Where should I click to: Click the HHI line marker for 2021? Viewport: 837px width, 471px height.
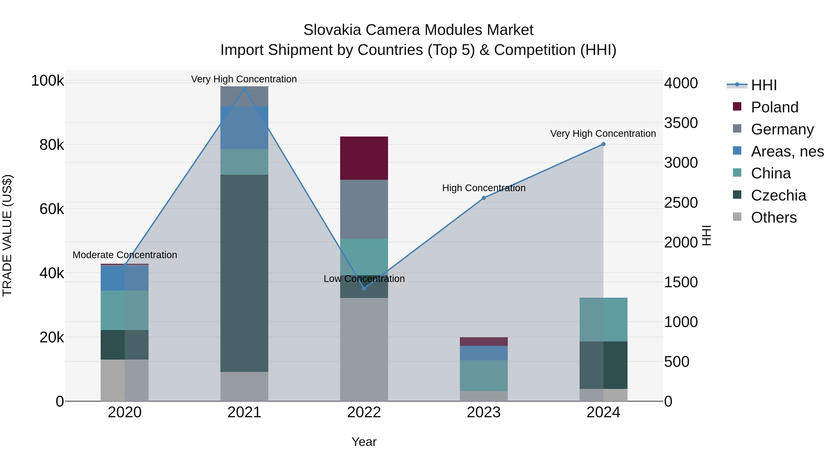point(244,89)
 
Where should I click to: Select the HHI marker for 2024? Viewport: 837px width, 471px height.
point(603,144)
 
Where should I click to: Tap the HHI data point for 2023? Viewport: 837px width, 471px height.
point(484,198)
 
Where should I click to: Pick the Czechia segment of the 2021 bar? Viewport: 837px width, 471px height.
point(244,273)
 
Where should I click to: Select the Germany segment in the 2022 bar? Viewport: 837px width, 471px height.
point(364,209)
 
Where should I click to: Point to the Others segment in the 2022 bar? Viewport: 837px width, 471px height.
point(364,349)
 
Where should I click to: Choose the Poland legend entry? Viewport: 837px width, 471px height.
point(775,107)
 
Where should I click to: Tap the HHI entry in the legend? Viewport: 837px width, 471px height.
point(764,85)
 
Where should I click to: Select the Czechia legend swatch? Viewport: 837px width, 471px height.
point(737,195)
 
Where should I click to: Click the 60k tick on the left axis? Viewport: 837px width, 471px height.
point(52,209)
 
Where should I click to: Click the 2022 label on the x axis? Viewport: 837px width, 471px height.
point(364,412)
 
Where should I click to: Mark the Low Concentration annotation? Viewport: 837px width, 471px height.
point(364,279)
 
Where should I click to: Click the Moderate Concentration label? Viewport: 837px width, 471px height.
point(125,255)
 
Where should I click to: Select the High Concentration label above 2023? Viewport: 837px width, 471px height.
point(484,188)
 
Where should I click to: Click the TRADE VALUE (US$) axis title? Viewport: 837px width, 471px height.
point(7,235)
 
